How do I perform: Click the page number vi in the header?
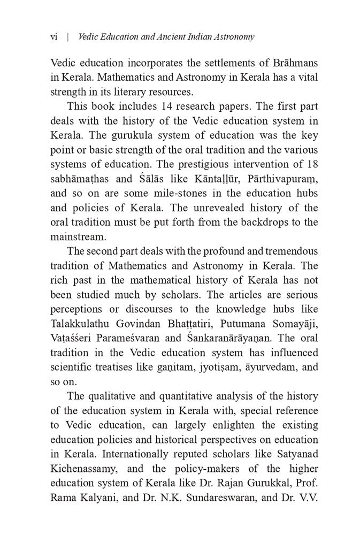(53, 37)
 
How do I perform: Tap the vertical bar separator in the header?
(68, 37)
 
